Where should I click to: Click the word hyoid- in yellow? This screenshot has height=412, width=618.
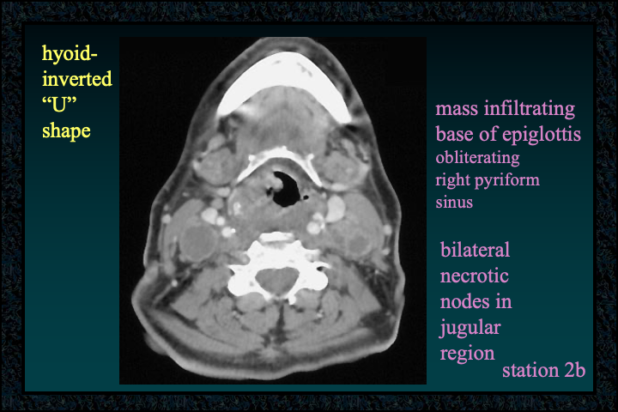[70, 53]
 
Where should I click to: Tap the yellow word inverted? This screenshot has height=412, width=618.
[77, 79]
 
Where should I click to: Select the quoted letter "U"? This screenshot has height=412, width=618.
[59, 104]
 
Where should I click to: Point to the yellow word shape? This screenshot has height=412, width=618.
[66, 130]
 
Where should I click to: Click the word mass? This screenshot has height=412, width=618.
[457, 109]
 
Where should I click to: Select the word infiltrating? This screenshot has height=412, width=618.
[530, 108]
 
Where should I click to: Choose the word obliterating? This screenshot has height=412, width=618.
[478, 158]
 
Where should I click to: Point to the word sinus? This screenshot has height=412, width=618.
[454, 203]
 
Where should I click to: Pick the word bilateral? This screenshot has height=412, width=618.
[475, 250]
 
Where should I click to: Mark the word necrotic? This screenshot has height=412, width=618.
[474, 276]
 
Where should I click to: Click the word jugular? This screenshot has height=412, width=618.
[470, 328]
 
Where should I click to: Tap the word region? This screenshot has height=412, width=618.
[467, 354]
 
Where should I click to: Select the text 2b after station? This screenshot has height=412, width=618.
[574, 370]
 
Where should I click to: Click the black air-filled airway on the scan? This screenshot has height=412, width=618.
[287, 190]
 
